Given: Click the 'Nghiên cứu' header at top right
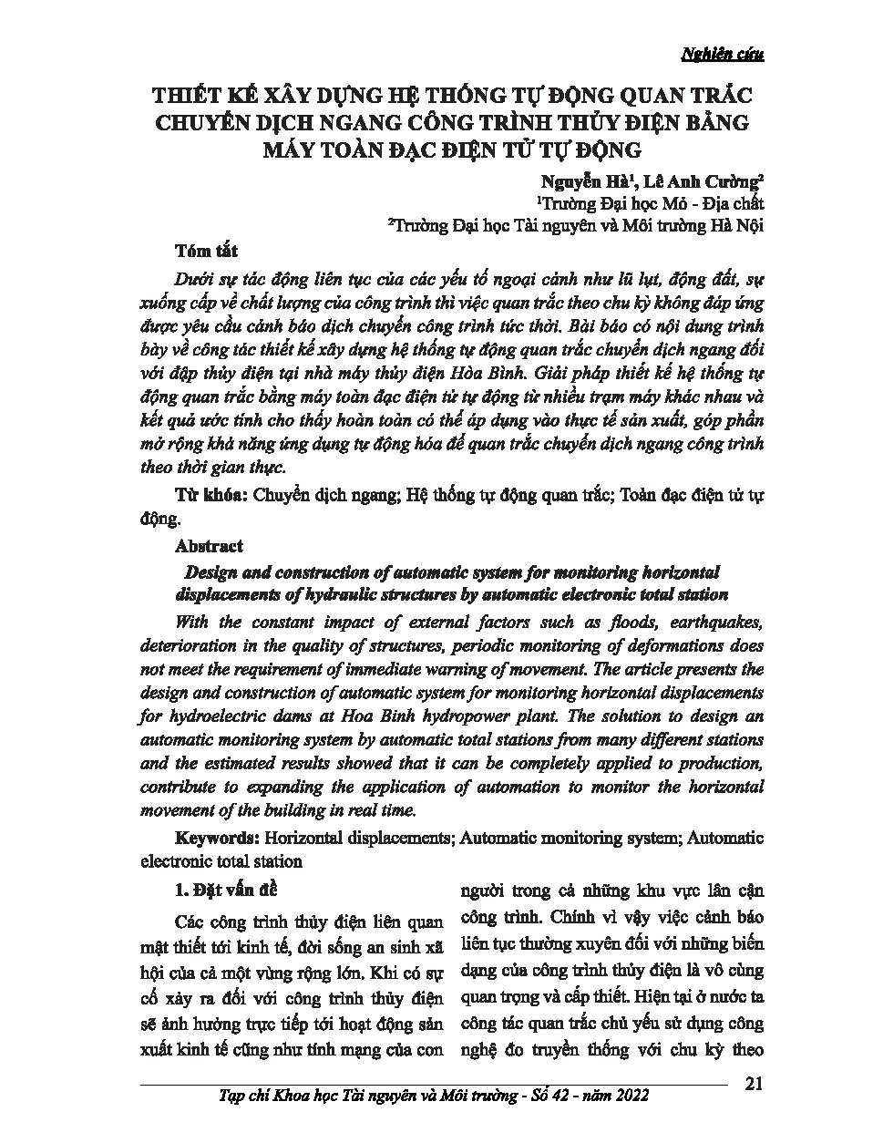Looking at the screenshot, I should click(723, 54).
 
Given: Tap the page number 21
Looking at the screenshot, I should click(754, 1084).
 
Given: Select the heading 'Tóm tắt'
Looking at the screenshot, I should click(207, 251).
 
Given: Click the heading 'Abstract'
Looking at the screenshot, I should click(209, 546).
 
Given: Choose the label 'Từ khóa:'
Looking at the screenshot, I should click(210, 495).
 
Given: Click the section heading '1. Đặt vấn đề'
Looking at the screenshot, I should click(224, 889).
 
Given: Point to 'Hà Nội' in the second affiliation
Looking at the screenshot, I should click(736, 226).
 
